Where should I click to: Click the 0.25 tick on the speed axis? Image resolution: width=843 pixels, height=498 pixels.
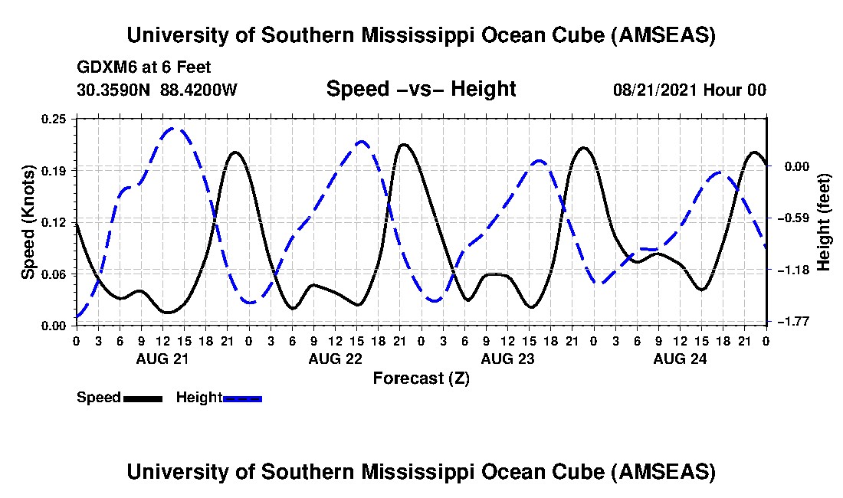point(54,119)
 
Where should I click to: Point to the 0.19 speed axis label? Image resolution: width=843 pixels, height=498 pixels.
point(54,170)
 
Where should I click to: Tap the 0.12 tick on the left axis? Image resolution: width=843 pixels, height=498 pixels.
point(54,222)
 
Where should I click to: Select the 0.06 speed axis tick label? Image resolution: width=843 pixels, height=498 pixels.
point(54,274)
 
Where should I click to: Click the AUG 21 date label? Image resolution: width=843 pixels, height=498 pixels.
point(162,359)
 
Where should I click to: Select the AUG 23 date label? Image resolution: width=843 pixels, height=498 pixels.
point(507,359)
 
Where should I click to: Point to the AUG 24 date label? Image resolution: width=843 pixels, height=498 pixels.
point(679,359)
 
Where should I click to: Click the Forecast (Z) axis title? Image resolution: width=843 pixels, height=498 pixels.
point(421,378)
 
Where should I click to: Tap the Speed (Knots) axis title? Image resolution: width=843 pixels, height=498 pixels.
point(28,221)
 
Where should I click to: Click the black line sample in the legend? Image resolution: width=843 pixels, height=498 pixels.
point(143,398)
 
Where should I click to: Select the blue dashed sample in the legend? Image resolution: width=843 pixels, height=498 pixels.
point(243,398)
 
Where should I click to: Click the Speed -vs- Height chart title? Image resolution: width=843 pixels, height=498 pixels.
point(421,89)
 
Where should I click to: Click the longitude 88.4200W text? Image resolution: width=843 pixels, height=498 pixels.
point(198,90)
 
